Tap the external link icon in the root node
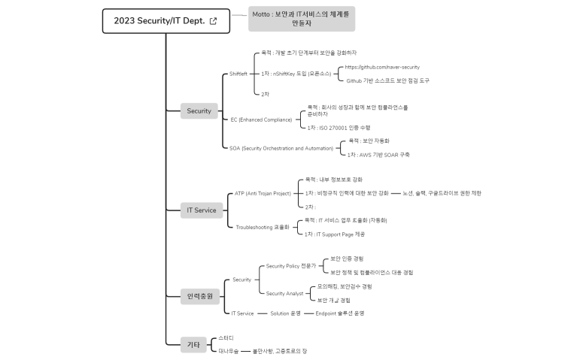pos(213,21)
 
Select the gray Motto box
pos(301,19)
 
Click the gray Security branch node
pos(199,111)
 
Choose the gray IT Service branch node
pos(201,210)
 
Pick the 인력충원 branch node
pos(199,296)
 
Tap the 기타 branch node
pos(193,345)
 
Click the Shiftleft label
pos(238,74)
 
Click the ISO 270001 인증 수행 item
pos(339,128)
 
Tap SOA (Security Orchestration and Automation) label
pos(281,148)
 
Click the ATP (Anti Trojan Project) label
pos(263,193)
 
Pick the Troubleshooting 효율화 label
pos(262,226)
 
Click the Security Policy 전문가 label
pos(290,266)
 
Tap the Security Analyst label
pos(284,293)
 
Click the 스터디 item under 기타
pos(226,338)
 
